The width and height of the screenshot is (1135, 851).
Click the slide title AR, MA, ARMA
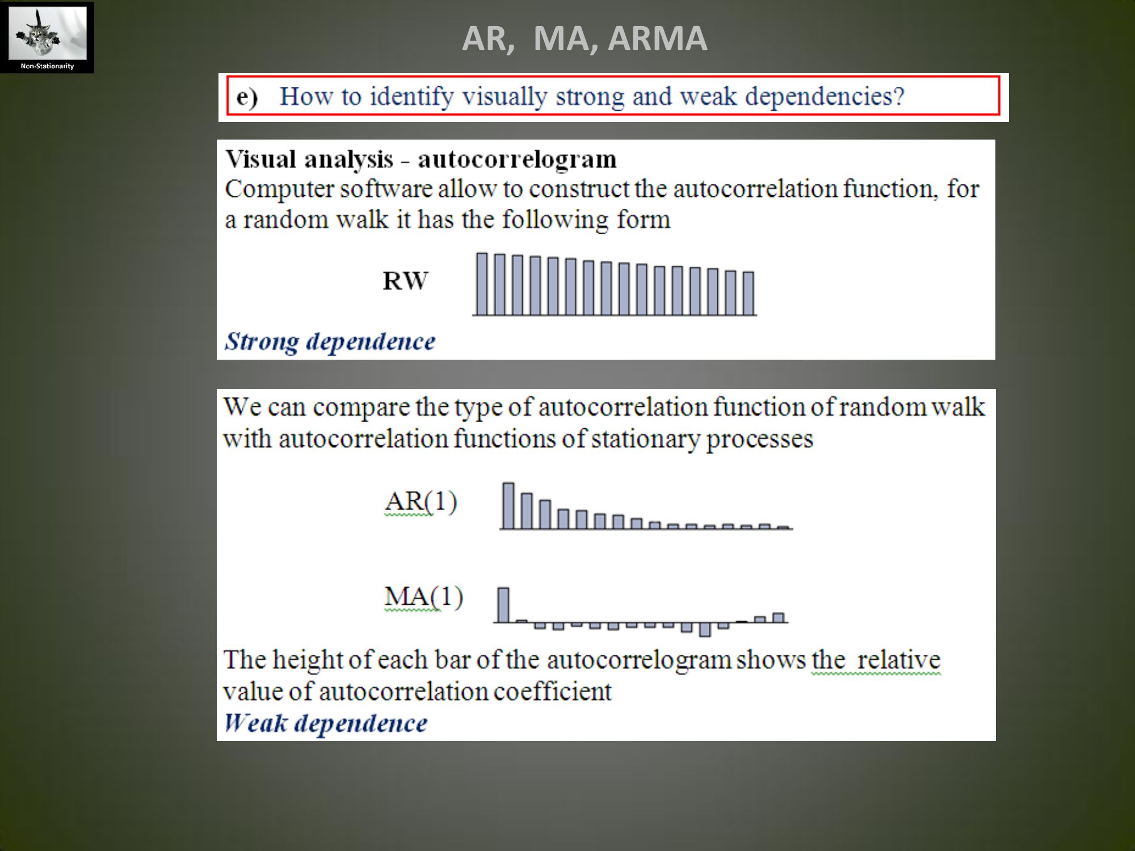pyautogui.click(x=585, y=38)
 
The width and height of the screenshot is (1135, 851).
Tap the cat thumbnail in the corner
pyautogui.click(x=48, y=33)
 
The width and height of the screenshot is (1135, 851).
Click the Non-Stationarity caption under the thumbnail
pyautogui.click(x=47, y=66)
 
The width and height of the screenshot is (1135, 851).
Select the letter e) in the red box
pyautogui.click(x=247, y=96)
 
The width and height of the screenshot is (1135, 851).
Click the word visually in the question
pyautogui.click(x=504, y=96)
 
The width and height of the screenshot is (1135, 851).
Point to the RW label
pyautogui.click(x=405, y=281)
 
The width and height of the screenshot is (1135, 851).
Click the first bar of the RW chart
pyautogui.click(x=482, y=284)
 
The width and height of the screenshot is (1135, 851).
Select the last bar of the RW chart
pyautogui.click(x=749, y=293)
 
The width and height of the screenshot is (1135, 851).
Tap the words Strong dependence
pyautogui.click(x=330, y=342)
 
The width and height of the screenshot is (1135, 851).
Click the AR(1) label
pyautogui.click(x=421, y=502)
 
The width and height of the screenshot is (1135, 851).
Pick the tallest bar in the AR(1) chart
pyautogui.click(x=508, y=505)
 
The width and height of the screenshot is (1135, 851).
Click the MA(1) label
pyautogui.click(x=423, y=597)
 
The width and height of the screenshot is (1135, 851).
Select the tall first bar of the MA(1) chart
pyautogui.click(x=503, y=605)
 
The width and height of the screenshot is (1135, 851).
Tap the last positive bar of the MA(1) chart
pyautogui.click(x=779, y=618)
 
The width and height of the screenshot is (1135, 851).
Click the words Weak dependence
pyautogui.click(x=325, y=723)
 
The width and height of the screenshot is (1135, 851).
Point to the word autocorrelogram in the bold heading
pyautogui.click(x=517, y=159)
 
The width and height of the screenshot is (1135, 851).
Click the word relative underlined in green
pyautogui.click(x=898, y=660)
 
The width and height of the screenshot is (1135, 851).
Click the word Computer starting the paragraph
pyautogui.click(x=280, y=189)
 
